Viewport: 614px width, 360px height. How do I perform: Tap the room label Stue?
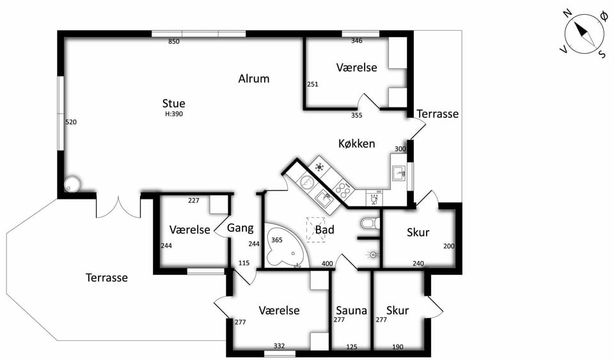coord(173,104)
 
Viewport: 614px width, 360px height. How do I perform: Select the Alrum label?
coord(254,79)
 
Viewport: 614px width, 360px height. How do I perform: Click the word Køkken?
coord(357,144)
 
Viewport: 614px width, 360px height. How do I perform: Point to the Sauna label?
coord(351,311)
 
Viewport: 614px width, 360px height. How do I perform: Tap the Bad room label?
coord(325,230)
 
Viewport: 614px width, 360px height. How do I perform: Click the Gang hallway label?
coord(240,228)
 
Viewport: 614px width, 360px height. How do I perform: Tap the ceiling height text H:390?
coord(174,114)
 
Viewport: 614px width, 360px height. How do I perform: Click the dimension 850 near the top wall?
coord(174,42)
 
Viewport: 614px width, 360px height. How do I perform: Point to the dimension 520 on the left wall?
coord(71,122)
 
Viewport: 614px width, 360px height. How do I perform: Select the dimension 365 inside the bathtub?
coord(277,240)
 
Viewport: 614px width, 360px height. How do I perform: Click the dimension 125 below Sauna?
coord(352,347)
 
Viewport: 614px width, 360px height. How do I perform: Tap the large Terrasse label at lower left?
coord(107,278)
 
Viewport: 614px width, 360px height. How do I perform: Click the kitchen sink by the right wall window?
coord(398,173)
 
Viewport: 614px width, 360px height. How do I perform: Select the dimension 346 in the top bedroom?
coord(357,41)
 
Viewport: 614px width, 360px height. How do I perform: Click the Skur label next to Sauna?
coord(397,311)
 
